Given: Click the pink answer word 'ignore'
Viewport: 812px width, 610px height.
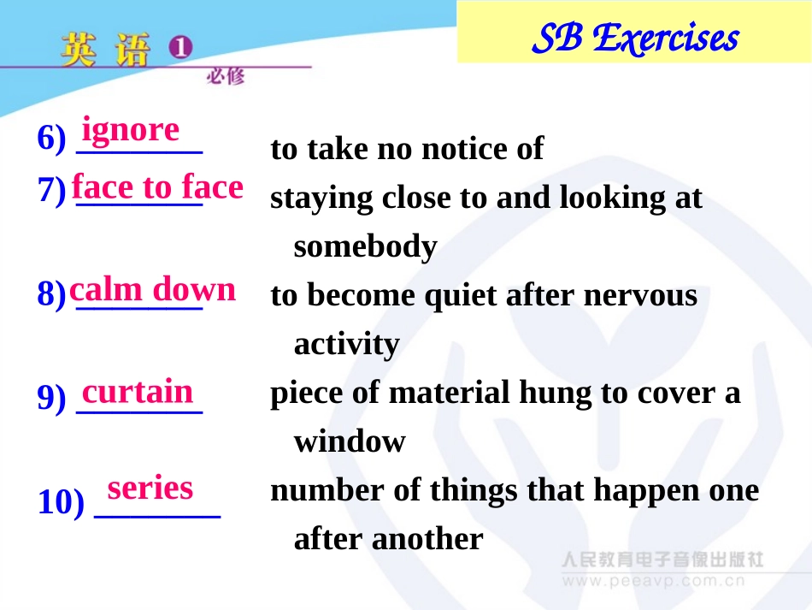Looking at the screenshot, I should click(x=131, y=130).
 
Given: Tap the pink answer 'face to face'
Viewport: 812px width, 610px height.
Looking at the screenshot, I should click(x=157, y=187).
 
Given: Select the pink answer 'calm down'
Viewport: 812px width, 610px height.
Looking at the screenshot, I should click(x=152, y=289).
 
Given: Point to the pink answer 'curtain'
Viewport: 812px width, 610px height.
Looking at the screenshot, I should click(x=138, y=391).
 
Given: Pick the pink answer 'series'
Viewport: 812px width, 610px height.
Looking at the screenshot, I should click(x=150, y=488).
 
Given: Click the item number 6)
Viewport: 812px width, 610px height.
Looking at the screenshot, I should click(x=51, y=139).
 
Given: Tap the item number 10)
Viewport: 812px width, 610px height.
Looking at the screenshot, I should click(x=60, y=503).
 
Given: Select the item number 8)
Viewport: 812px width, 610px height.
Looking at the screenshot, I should click(x=51, y=296).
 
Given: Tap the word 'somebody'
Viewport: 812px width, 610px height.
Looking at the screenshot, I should click(x=365, y=246).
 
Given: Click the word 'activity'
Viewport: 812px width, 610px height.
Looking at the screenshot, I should click(x=346, y=344).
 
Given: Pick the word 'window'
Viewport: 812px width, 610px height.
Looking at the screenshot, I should click(x=350, y=441).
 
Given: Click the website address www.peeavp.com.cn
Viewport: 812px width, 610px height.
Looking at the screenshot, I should click(x=654, y=581).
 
